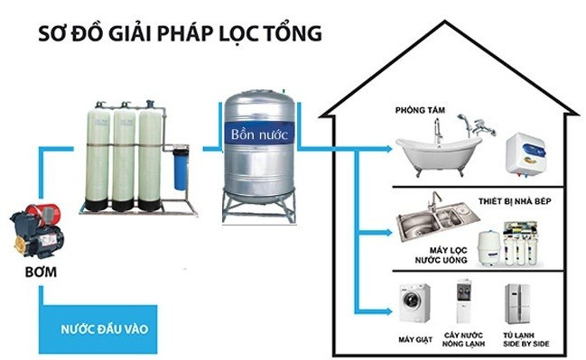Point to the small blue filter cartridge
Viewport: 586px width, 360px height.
pos(181,167)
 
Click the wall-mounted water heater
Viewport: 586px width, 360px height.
pos(524,153)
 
